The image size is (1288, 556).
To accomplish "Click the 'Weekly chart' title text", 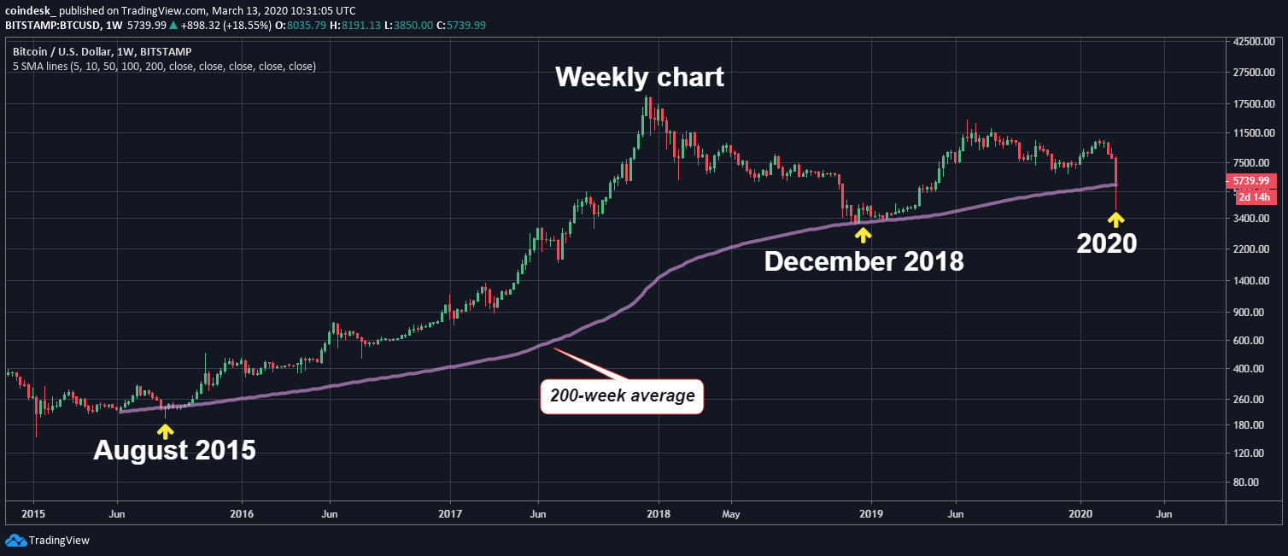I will tap(639, 77).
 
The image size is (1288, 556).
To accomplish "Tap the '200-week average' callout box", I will tap(622, 396).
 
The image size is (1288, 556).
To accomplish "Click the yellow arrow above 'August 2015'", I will tap(165, 430).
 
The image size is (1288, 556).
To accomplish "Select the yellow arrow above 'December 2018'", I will tap(864, 233).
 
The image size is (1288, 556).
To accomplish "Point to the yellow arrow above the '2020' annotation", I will tap(1115, 219).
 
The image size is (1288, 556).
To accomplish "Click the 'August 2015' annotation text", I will tap(174, 450).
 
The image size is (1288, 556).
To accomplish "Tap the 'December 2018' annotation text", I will tap(864, 261).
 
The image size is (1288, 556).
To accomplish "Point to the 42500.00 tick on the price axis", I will tap(1256, 41).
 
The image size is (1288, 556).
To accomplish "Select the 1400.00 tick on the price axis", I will tap(1254, 281).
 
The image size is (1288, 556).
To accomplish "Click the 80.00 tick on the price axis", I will tap(1250, 482).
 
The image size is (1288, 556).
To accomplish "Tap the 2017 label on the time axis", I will tap(449, 514).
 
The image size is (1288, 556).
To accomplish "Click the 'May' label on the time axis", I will tap(730, 514).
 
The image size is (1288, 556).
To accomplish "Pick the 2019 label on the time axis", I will tap(870, 514).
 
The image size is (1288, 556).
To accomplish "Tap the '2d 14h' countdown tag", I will tap(1256, 197).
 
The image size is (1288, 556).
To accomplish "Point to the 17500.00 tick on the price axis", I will tap(1256, 104).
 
